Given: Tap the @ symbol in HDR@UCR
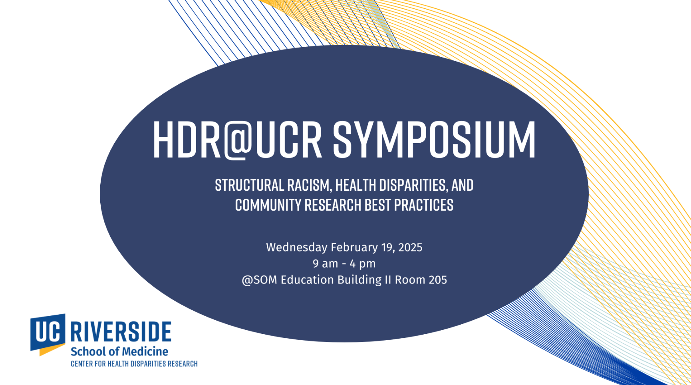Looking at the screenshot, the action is click(x=238, y=140).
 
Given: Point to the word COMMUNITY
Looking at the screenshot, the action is click(x=268, y=205).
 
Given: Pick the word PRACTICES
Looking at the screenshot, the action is click(x=424, y=205).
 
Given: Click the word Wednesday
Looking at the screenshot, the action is click(x=297, y=247).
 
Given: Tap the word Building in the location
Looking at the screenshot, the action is click(x=359, y=280).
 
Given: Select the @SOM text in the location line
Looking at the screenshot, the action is click(x=260, y=280).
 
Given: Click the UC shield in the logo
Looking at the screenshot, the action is click(x=48, y=334).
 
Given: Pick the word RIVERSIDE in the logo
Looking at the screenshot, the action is click(x=121, y=332).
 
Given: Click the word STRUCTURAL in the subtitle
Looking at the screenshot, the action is click(x=250, y=185).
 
